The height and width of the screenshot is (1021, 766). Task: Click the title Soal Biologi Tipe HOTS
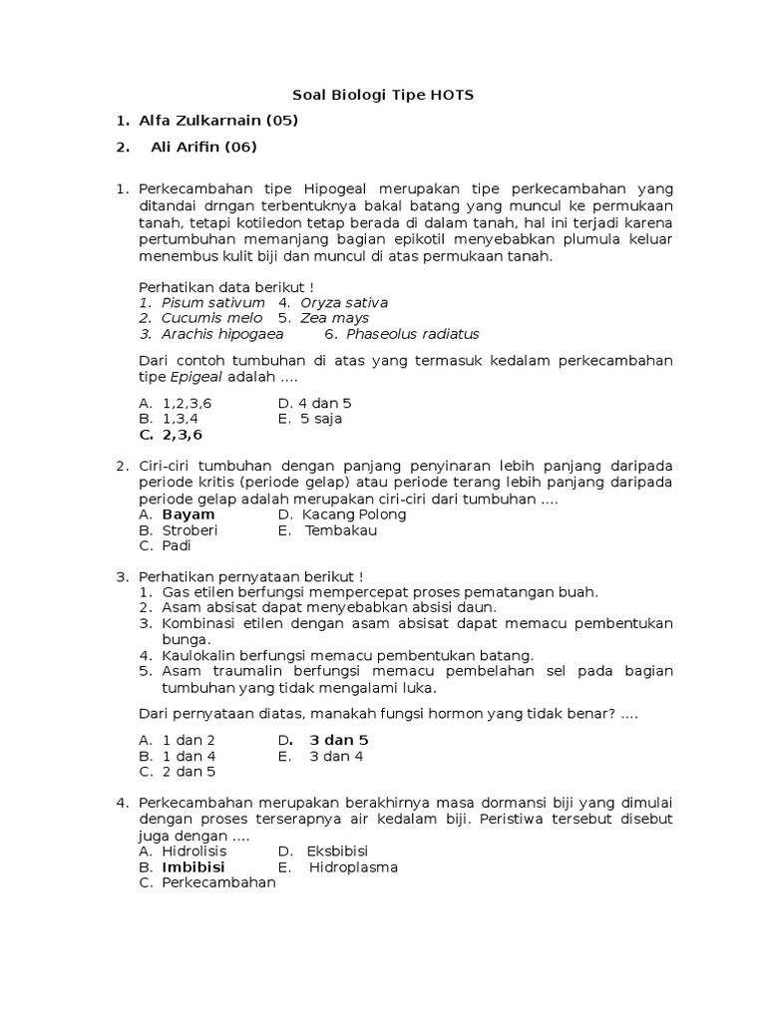point(383,96)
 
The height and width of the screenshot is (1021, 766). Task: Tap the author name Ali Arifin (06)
point(203,147)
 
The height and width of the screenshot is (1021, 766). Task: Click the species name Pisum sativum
point(213,302)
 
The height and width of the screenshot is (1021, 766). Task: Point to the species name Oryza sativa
point(344,302)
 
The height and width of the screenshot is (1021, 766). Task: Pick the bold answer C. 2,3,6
point(171,435)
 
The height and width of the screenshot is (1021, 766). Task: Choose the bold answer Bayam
point(189,514)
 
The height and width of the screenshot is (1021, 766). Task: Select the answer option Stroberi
point(191,530)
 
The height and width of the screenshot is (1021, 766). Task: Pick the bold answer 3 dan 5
point(339,740)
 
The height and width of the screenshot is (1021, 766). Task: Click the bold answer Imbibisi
point(193,867)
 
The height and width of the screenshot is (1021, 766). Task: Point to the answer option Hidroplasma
point(353,867)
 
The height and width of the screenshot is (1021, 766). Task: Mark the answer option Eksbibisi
point(337,851)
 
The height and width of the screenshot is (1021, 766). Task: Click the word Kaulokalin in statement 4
point(199,655)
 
